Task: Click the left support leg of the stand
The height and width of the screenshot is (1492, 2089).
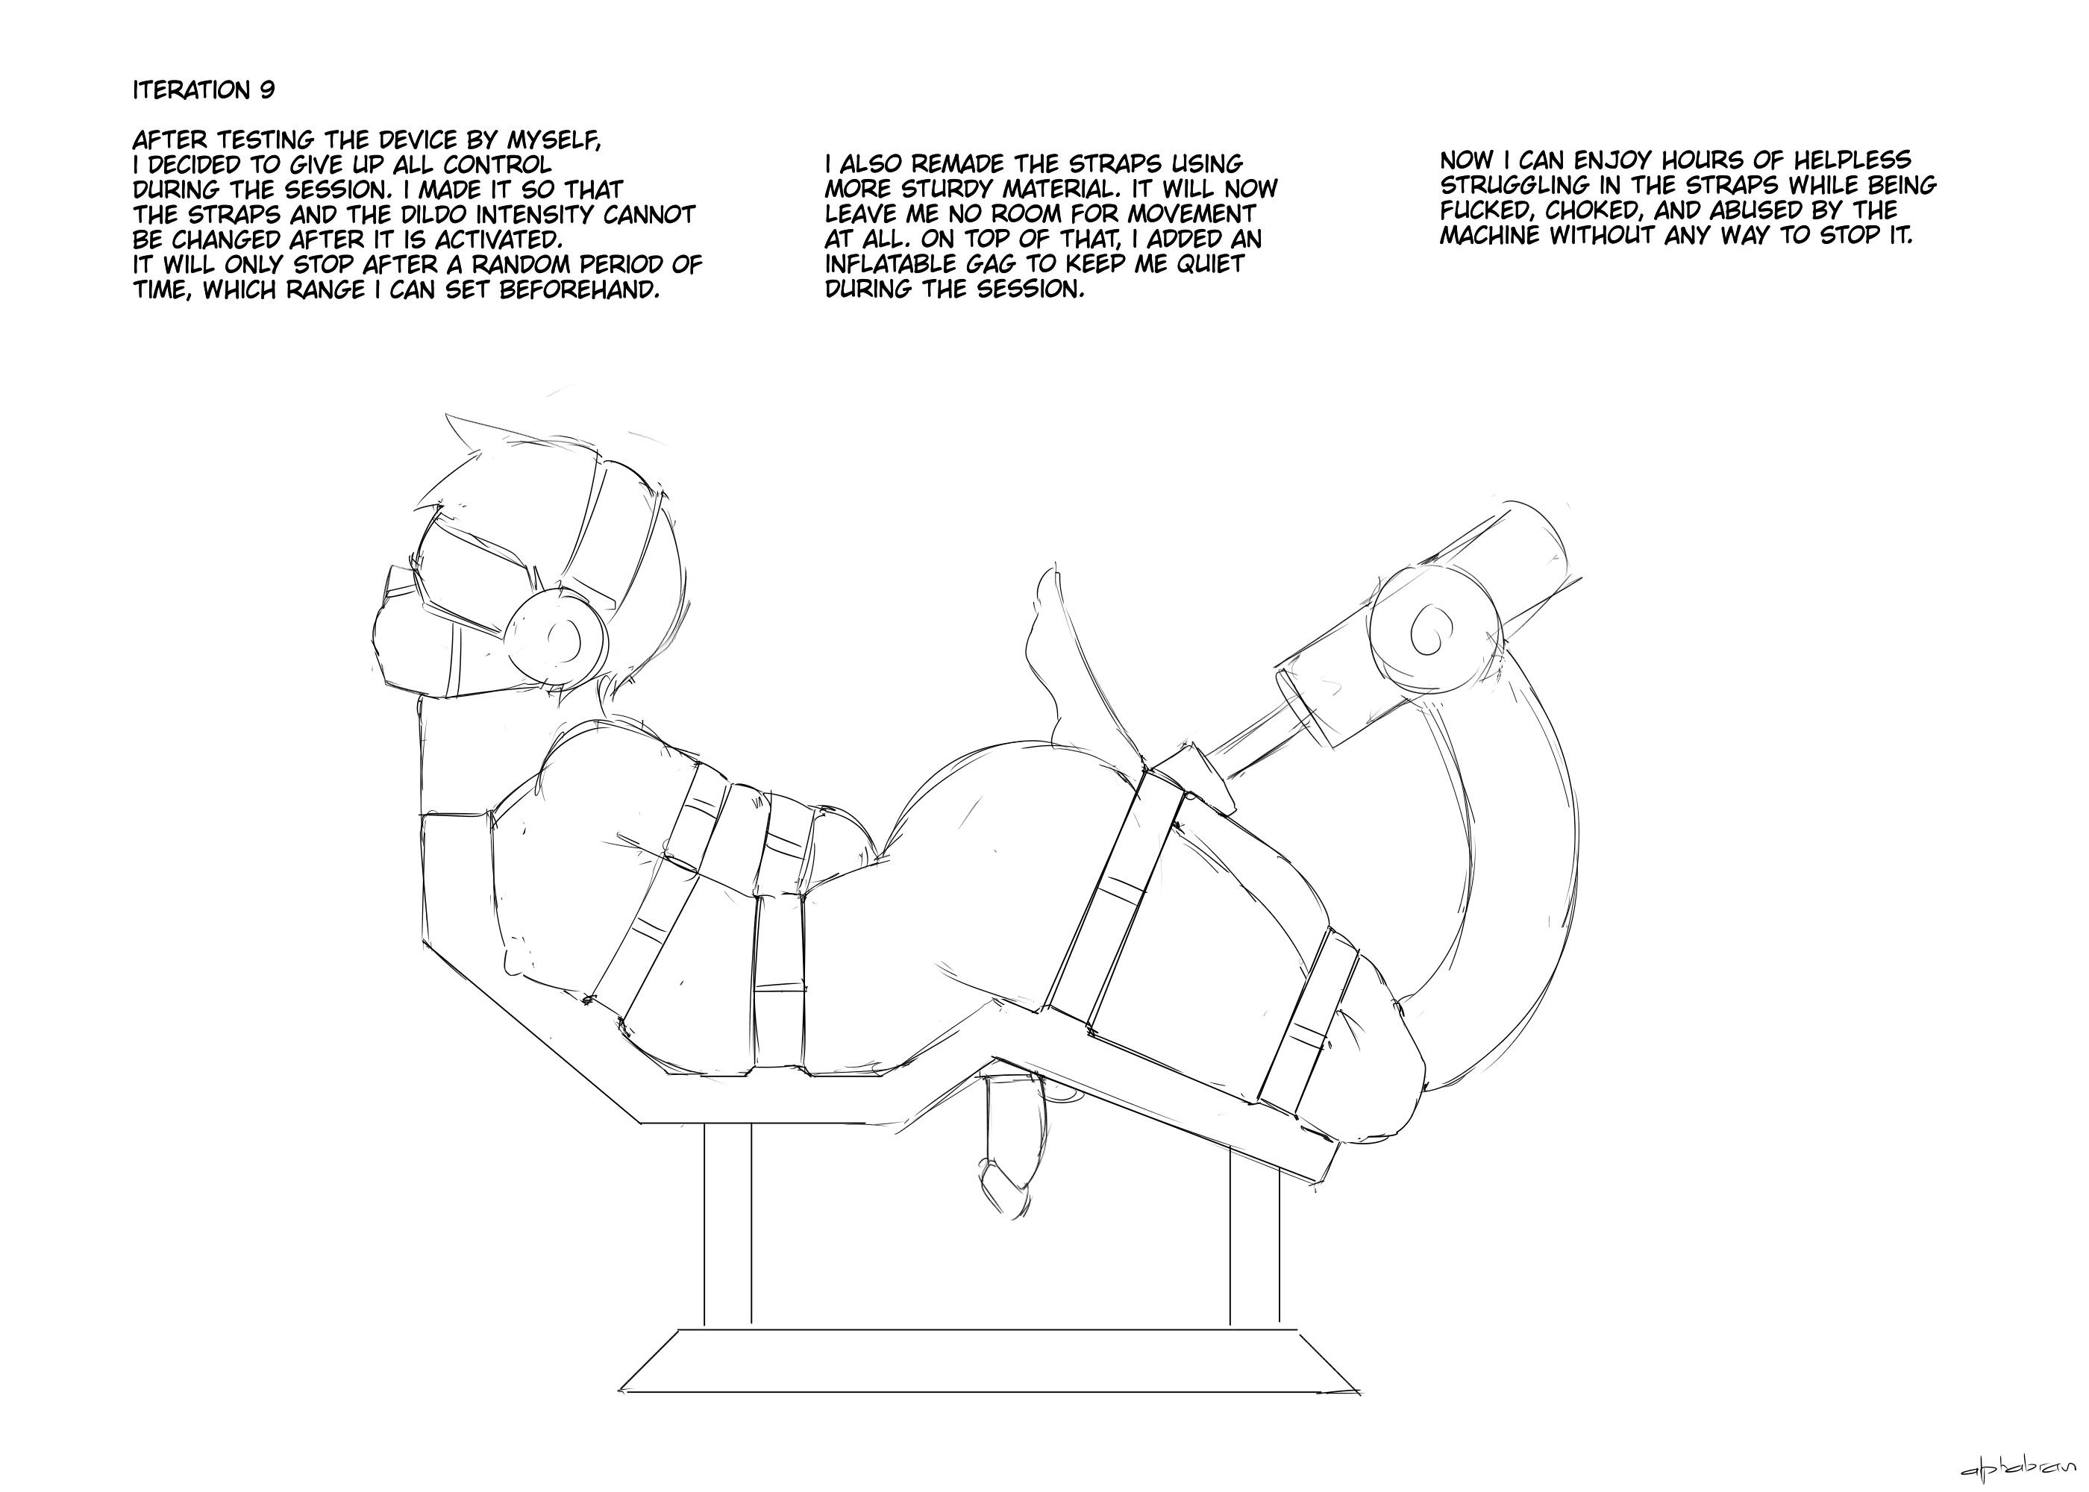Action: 727,1225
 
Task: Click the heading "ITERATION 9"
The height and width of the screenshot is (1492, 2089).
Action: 204,90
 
